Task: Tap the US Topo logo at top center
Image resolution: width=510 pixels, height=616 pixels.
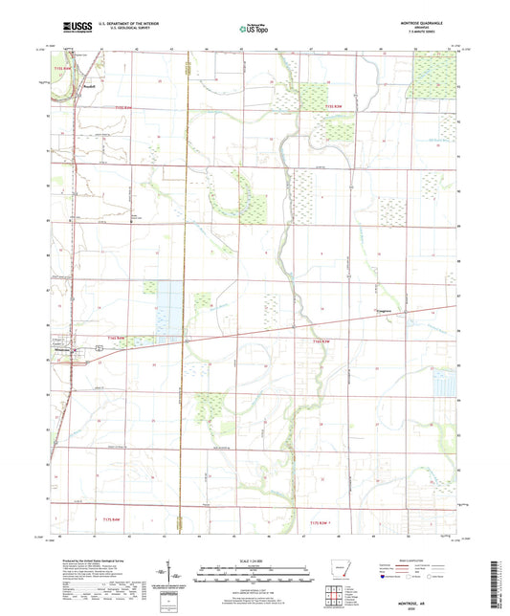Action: [x=255, y=30]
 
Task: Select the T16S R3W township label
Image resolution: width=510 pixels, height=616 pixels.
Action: [x=320, y=341]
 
